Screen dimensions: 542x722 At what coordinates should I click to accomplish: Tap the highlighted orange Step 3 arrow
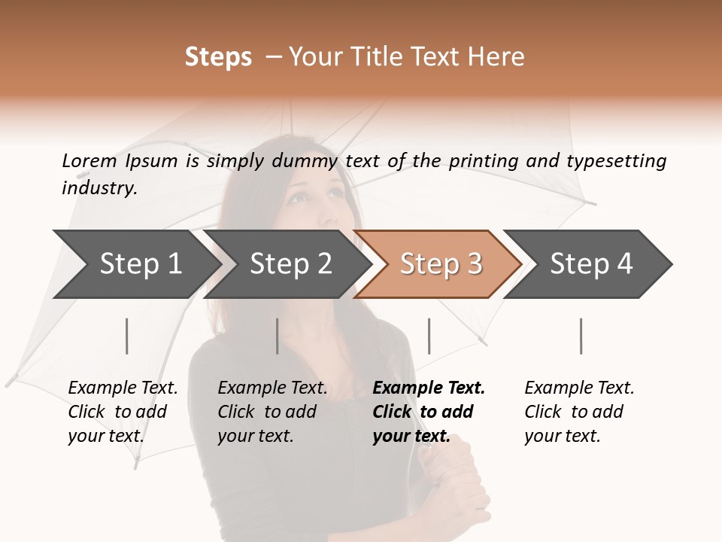(440, 264)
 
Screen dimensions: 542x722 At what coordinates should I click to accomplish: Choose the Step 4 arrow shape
(590, 264)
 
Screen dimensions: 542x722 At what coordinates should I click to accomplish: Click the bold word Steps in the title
(218, 57)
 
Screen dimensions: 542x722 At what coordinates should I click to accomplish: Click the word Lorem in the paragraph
(89, 160)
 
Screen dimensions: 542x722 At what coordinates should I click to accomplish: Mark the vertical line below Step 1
(127, 336)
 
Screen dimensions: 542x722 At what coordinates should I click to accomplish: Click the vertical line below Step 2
(278, 336)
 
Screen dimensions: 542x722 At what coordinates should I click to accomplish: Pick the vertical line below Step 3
(429, 336)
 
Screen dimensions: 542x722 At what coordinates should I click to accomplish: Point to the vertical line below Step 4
(581, 336)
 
